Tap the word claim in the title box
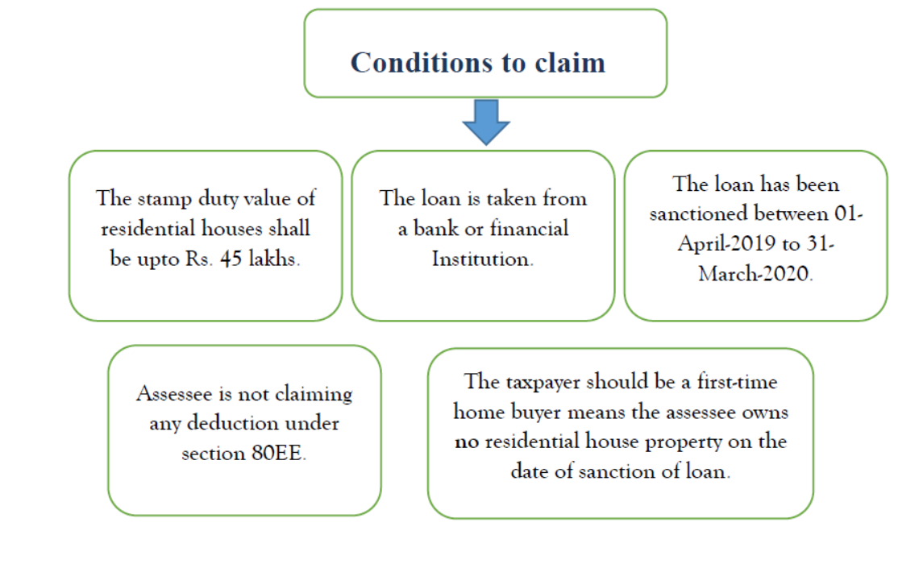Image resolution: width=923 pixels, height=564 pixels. [568, 62]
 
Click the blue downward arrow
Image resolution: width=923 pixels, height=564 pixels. [486, 122]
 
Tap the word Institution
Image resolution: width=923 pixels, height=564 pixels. [482, 259]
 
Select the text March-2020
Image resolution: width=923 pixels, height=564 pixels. [755, 274]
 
